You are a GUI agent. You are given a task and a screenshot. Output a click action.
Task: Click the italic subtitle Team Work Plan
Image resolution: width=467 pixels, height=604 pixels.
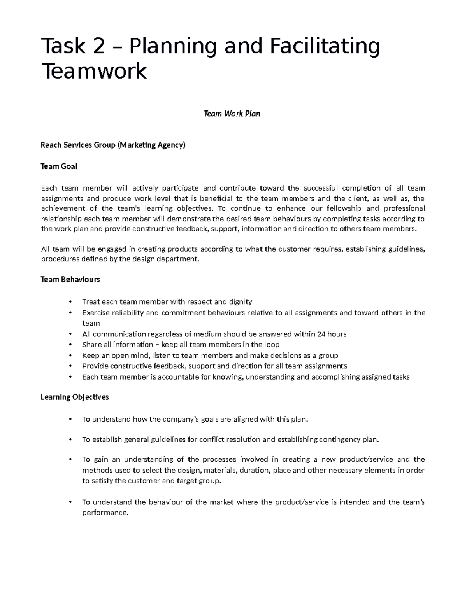pyautogui.click(x=232, y=114)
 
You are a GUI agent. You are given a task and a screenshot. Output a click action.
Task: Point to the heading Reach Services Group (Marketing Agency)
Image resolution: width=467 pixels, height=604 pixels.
pyautogui.click(x=113, y=145)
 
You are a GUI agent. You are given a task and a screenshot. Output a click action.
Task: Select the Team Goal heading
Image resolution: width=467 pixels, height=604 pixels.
pyautogui.click(x=59, y=166)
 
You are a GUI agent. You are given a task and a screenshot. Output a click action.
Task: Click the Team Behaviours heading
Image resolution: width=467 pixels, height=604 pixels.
pyautogui.click(x=70, y=280)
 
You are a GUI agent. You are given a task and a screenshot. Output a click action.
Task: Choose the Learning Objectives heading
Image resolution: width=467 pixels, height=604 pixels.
pyautogui.click(x=75, y=397)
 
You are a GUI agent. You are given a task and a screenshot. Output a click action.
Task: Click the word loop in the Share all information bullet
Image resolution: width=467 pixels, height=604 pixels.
pyautogui.click(x=272, y=345)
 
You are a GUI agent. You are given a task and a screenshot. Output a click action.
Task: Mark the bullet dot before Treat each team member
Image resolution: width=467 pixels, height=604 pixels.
pyautogui.click(x=70, y=302)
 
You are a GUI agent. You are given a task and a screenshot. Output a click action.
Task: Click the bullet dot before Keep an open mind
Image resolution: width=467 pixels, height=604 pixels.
pyautogui.click(x=70, y=355)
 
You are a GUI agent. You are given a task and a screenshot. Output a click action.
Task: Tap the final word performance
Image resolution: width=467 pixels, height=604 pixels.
pyautogui.click(x=105, y=513)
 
